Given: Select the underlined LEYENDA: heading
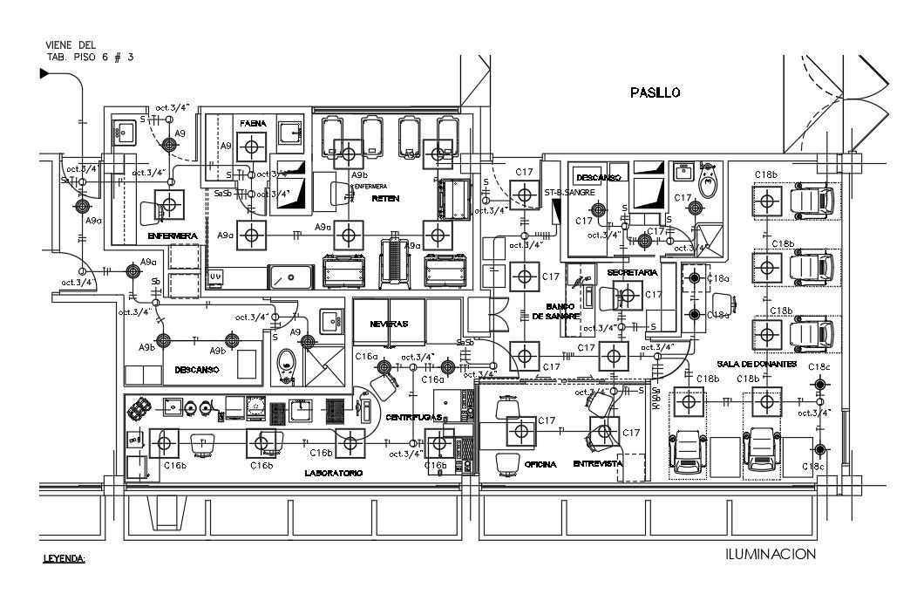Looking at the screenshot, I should tap(65, 557).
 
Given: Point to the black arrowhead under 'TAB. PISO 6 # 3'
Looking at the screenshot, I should tap(44, 74).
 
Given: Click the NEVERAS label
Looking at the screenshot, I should tap(388, 323).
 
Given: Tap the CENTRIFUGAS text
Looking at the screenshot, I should tap(415, 418).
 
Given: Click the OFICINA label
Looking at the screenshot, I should tap(540, 464).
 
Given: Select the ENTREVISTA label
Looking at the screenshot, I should tap(597, 464).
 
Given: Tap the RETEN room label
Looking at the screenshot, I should tap(384, 199).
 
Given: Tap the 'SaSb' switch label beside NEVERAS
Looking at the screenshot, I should tap(465, 342).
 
